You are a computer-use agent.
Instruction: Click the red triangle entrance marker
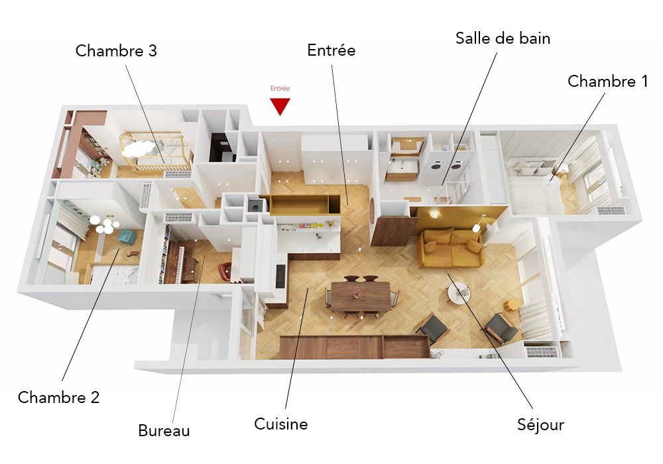pos(280,105)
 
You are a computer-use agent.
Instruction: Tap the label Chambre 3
pos(116,51)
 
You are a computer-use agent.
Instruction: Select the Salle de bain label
pos(503,38)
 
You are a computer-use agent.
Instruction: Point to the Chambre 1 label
pos(607,82)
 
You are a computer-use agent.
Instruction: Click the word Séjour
pos(540,425)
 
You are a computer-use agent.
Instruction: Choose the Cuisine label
pos(280,424)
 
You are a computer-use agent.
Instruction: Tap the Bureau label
pos(164,431)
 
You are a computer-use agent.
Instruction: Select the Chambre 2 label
pos(58,398)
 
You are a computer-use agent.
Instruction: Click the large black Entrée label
pos(331,50)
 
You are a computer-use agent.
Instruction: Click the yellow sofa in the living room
pos(451,247)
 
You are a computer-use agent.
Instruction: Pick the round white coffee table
pos(458,292)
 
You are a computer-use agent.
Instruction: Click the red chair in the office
pos(225,270)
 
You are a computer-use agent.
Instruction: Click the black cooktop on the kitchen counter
pos(280,274)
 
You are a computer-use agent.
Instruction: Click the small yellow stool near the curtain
pos(509,306)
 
